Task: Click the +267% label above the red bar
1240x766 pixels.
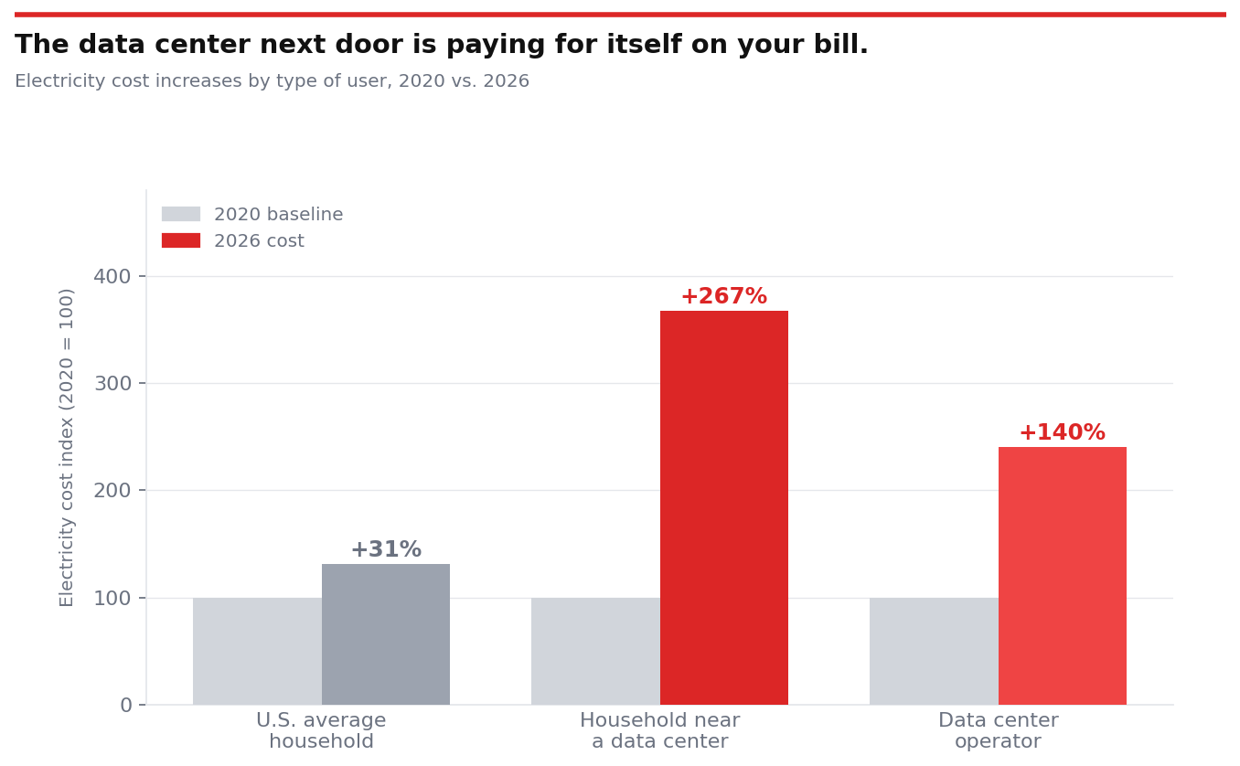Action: (x=723, y=297)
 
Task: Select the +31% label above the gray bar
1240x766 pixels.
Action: (x=386, y=550)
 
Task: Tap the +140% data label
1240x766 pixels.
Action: (x=1062, y=433)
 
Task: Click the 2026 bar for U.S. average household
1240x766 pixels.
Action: (x=386, y=634)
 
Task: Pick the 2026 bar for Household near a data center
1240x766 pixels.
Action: (x=723, y=507)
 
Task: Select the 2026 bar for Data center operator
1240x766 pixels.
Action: (x=1062, y=576)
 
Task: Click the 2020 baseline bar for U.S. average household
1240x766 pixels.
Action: (x=257, y=651)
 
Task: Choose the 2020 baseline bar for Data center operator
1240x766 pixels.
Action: (x=934, y=651)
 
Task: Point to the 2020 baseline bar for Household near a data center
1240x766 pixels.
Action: (x=595, y=651)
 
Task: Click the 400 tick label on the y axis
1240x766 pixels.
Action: (x=112, y=276)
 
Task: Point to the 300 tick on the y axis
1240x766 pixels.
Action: (x=112, y=384)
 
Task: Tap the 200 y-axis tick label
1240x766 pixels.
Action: (x=112, y=491)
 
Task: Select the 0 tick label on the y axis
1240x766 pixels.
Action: (x=126, y=706)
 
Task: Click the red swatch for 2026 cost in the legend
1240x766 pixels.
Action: (x=181, y=240)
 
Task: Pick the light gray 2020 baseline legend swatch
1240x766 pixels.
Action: (x=181, y=214)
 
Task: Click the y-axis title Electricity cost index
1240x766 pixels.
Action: (x=67, y=447)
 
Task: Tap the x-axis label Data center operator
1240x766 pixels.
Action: (x=998, y=731)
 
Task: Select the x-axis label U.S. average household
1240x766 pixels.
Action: (x=321, y=731)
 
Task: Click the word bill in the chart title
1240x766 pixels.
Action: (x=839, y=46)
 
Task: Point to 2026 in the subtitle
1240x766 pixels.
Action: (x=506, y=81)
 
